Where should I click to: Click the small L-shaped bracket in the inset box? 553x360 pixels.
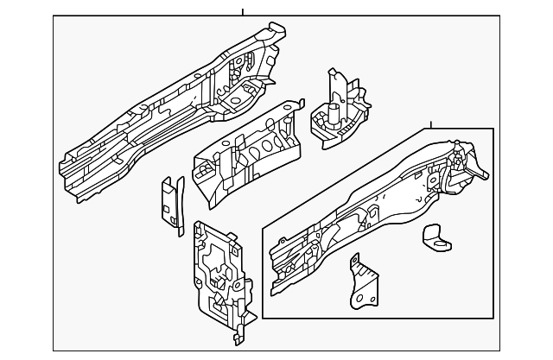coord(435,237)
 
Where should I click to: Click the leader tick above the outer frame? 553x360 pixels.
coord(243,11)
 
